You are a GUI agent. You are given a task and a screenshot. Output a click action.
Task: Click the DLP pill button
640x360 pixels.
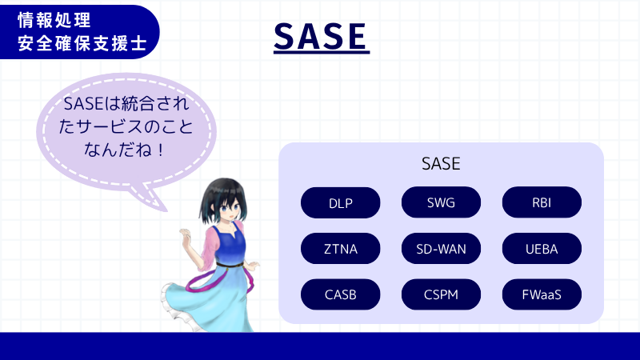[340, 202]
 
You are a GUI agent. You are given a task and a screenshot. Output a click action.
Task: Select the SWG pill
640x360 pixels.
[441, 202]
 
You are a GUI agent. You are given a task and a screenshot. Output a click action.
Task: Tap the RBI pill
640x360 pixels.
[542, 202]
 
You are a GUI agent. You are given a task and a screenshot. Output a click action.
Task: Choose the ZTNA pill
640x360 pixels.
[340, 249]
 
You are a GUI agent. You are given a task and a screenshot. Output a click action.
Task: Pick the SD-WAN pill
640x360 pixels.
[441, 249]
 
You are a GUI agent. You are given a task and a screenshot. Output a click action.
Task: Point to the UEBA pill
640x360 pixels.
[542, 249]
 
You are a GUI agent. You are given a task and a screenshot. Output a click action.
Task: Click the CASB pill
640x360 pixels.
[340, 294]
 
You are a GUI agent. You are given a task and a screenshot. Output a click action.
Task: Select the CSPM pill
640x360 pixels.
[441, 294]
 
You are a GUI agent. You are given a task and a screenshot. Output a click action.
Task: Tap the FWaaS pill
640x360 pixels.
[542, 294]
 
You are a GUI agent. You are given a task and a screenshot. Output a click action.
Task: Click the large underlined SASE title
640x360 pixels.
[320, 35]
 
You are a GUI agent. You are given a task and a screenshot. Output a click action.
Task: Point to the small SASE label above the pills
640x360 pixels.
[441, 164]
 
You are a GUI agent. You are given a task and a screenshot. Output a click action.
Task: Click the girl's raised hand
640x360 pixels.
[184, 237]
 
